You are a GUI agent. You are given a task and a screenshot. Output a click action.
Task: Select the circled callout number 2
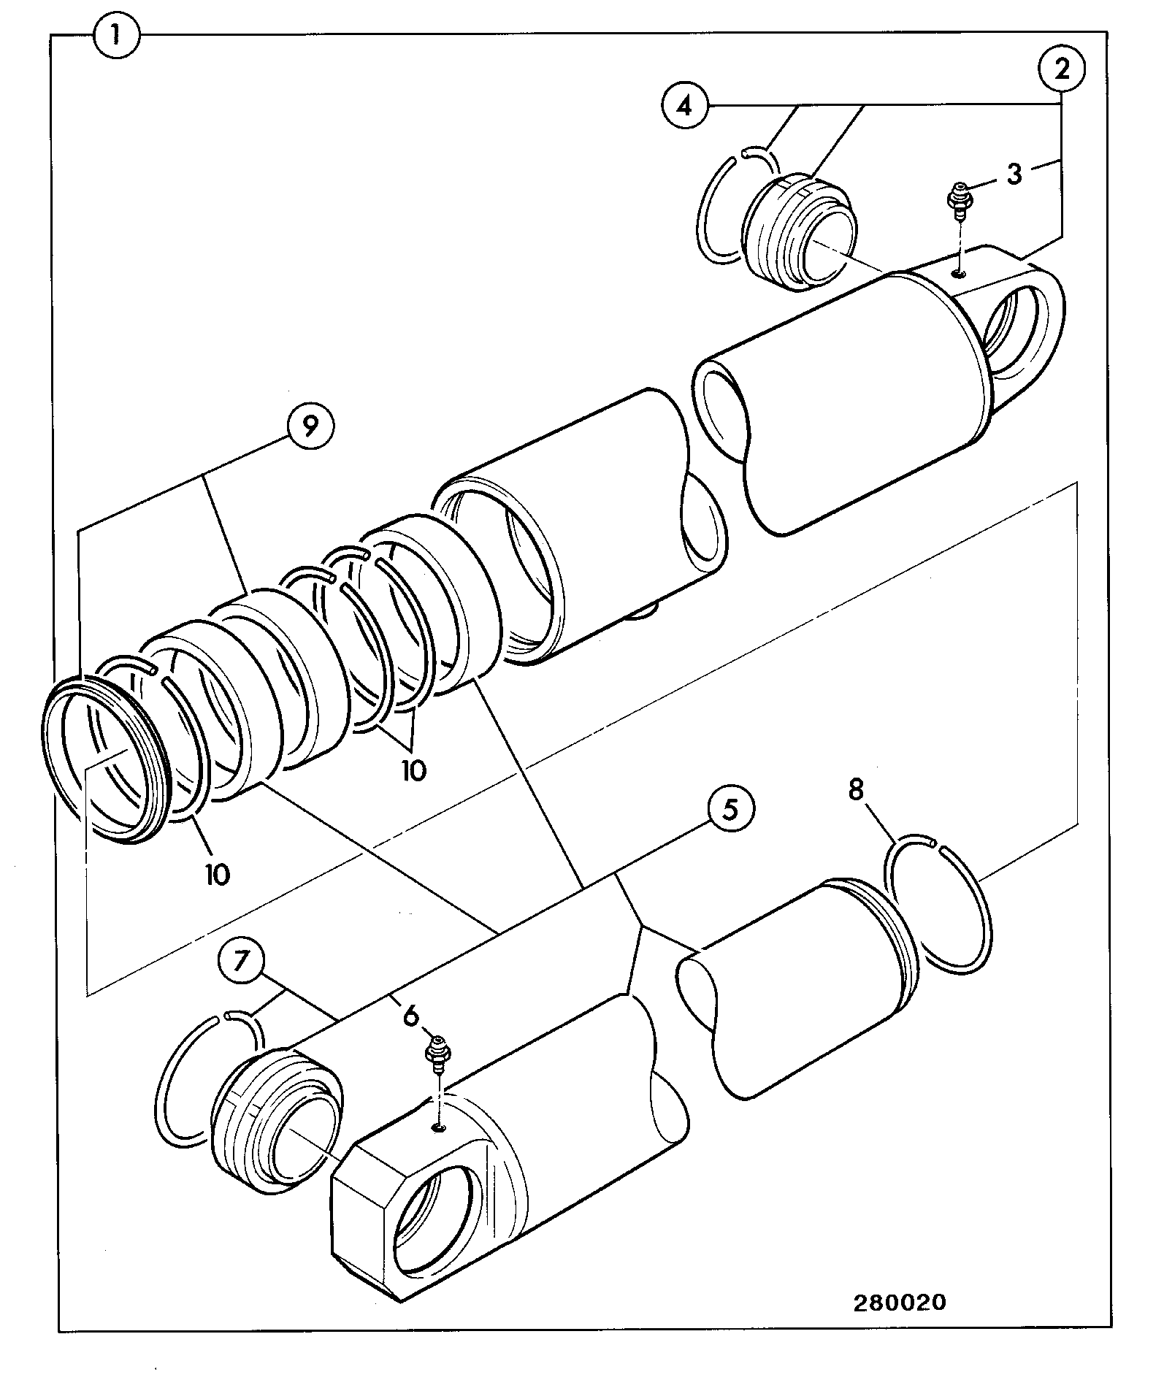click(1062, 69)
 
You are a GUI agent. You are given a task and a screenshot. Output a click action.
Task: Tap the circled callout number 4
click(684, 107)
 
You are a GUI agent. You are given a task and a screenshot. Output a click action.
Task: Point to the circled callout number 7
click(240, 961)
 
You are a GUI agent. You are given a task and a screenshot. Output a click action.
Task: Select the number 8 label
click(856, 789)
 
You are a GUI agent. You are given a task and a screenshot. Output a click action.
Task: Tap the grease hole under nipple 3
click(959, 273)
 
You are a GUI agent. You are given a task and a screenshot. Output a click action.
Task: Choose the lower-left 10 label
click(217, 874)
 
